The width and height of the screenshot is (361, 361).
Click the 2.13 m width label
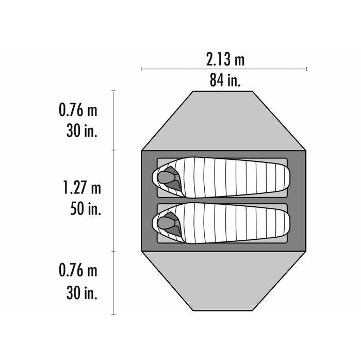225,59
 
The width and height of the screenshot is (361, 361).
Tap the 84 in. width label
225,80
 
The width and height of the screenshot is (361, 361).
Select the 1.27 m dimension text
82,187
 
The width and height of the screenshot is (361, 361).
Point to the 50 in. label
86,208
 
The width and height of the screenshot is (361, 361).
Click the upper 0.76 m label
78,109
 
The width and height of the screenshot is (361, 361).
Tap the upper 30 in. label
81,130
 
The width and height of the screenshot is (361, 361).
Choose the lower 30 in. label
81,292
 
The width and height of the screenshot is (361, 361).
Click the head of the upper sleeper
166,177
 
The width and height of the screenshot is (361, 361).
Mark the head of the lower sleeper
166,223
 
